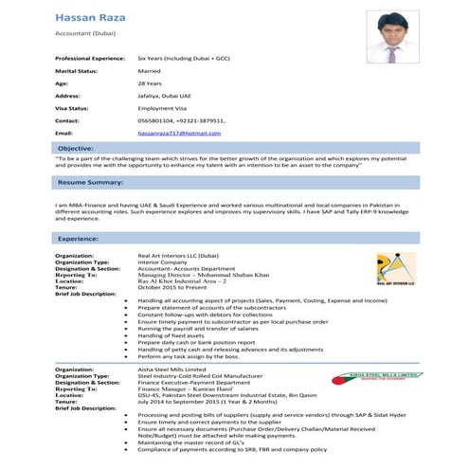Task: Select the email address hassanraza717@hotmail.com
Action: pyautogui.click(x=185, y=134)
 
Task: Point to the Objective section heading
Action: pyautogui.click(x=76, y=149)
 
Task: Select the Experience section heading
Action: pyautogui.click(x=80, y=239)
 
